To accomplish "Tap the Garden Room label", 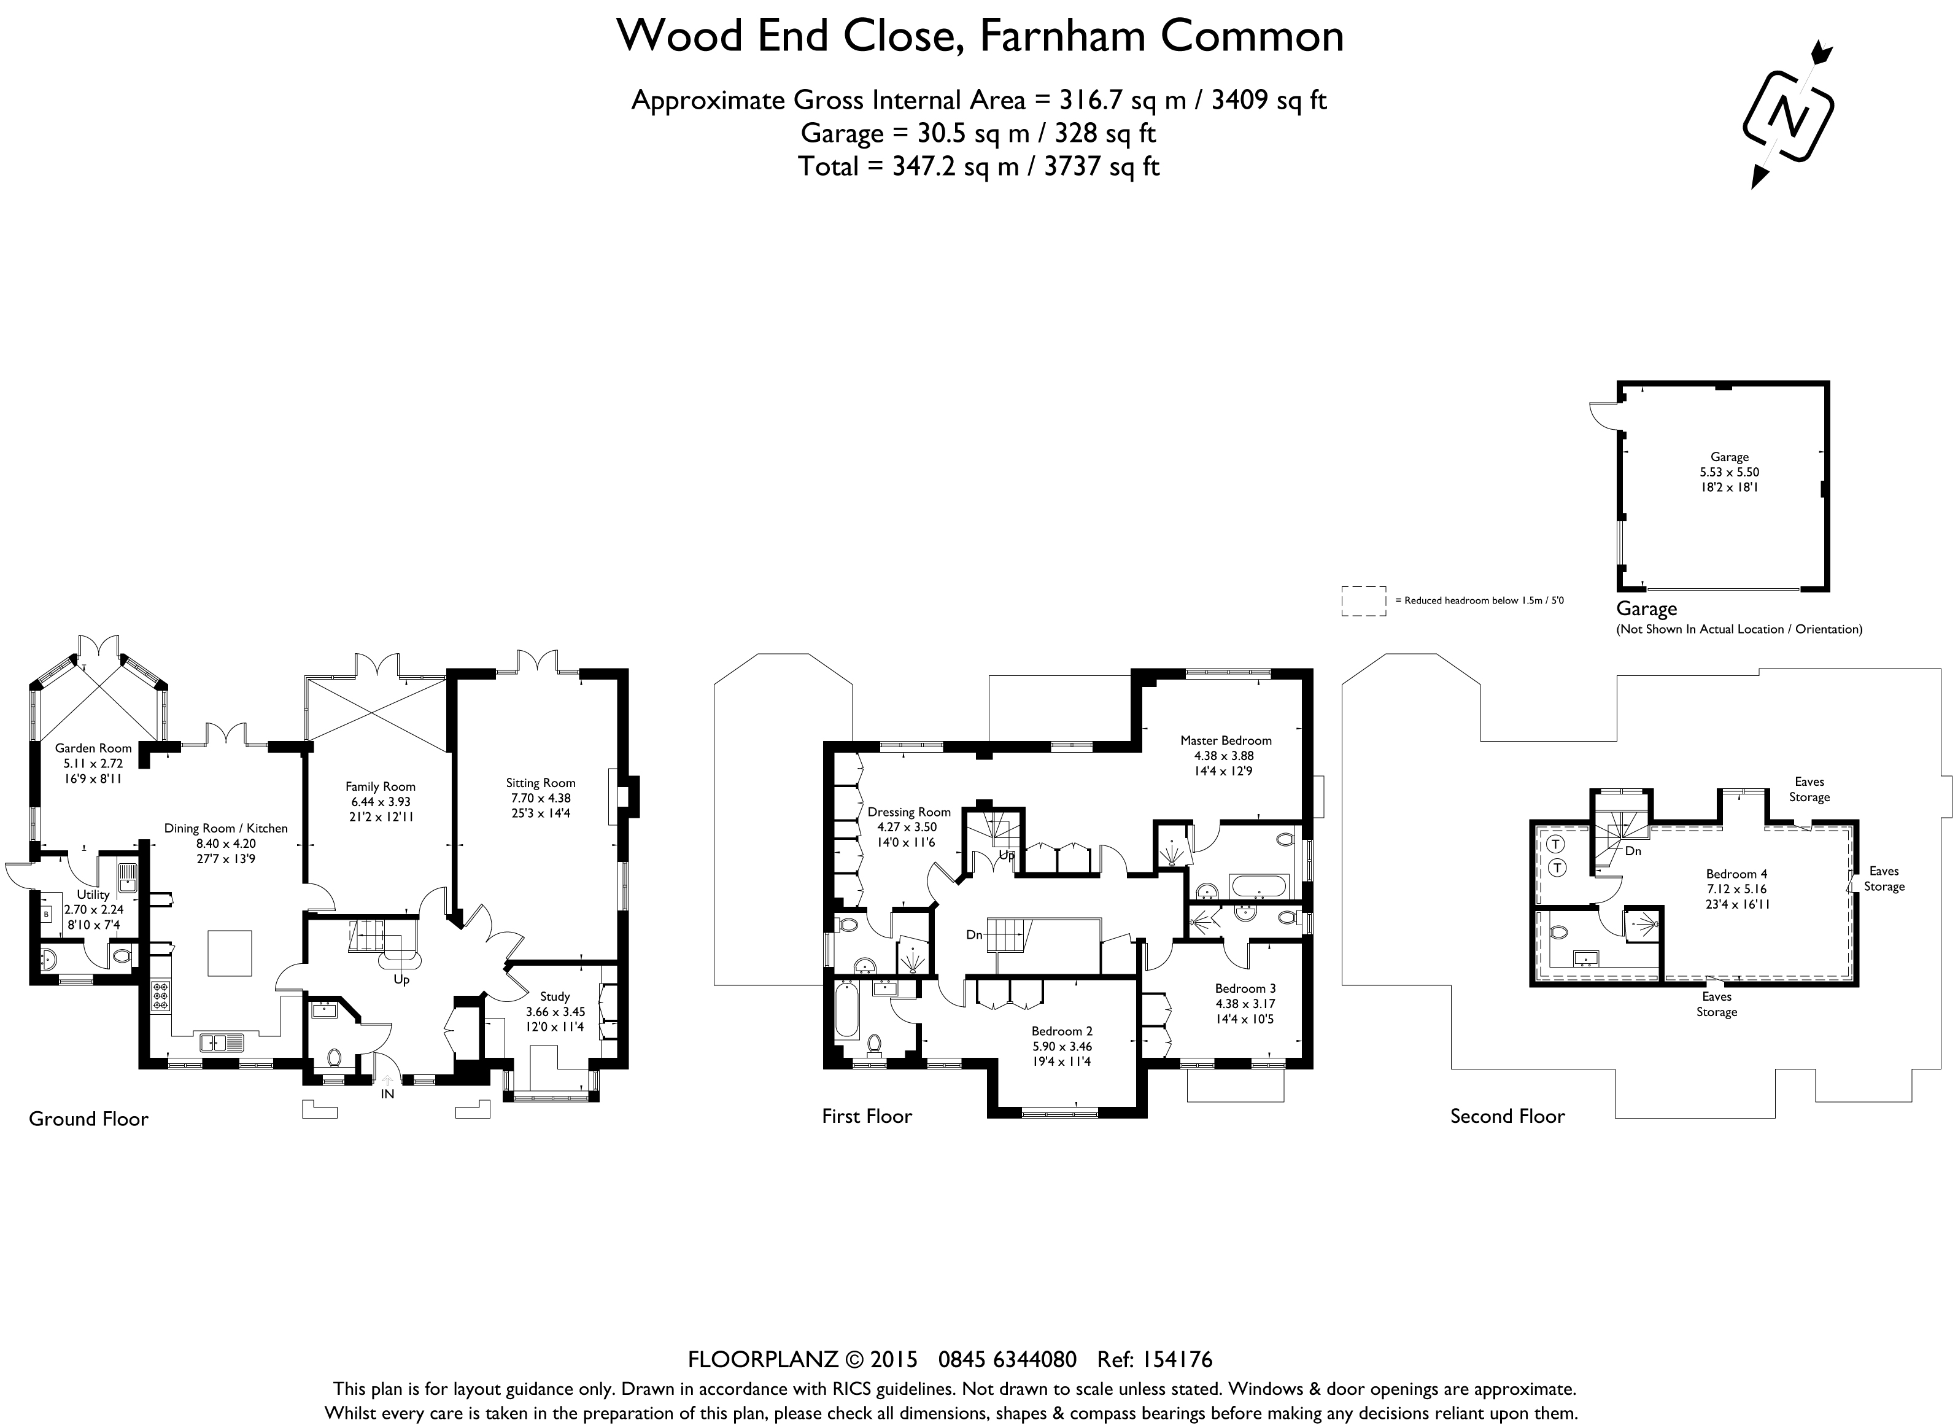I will coord(93,748).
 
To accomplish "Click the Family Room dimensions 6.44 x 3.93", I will coord(380,801).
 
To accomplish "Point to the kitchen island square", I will coord(230,953).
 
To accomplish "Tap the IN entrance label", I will coord(388,1093).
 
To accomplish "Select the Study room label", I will coord(555,996).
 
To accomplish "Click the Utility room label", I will coord(93,894).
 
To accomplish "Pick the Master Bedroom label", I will coord(1225,740).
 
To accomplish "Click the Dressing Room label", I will coord(909,812).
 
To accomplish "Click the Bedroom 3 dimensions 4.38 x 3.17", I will coord(1245,1004).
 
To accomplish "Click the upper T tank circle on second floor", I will coord(1555,844).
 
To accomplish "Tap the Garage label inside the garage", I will coord(1729,456).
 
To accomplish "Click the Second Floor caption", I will coord(1507,1116).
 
